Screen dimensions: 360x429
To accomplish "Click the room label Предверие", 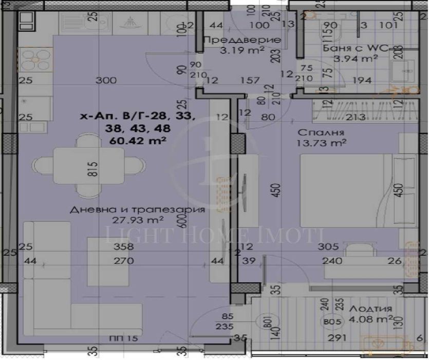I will pos(242,40).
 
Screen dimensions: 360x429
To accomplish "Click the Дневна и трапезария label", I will pos(117,210).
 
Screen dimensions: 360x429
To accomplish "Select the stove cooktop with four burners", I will pos(35,60).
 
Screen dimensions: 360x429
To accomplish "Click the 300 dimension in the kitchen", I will pos(106,80).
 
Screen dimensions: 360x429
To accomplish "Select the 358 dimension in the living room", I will pos(124,247).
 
